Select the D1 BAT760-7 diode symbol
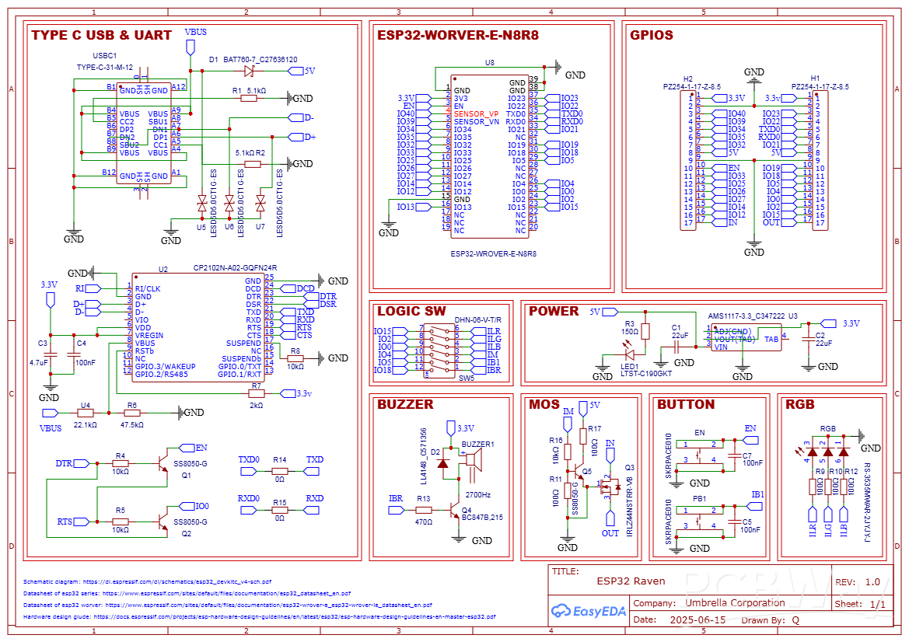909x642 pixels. coord(249,71)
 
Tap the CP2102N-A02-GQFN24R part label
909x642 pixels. coord(235,268)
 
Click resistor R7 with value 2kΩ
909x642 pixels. coord(257,394)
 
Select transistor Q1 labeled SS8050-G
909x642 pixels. coord(163,463)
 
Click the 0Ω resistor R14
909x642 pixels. coord(280,471)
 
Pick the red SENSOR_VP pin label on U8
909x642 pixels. coord(477,114)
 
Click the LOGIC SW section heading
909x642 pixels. coord(411,311)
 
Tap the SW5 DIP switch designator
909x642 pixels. coord(466,379)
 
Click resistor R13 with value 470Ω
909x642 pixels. coord(423,510)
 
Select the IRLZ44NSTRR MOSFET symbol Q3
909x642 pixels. coord(610,488)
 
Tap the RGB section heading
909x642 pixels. coord(799,404)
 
